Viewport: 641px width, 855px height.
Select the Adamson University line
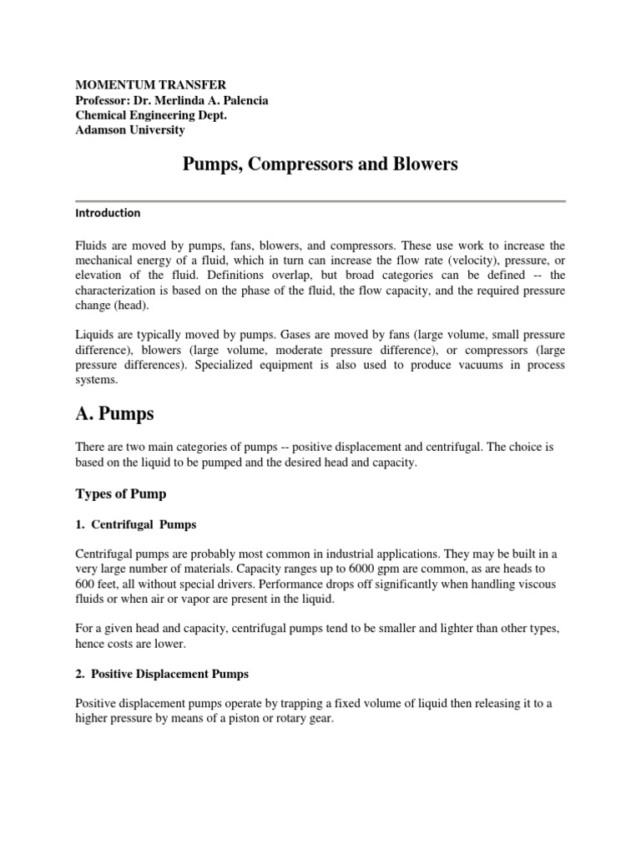coord(130,130)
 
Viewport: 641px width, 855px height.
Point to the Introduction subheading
coord(108,213)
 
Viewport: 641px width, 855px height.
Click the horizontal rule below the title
coord(320,200)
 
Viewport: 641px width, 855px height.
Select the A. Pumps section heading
coord(119,412)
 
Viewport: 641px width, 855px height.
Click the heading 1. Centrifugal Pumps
coord(136,525)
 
